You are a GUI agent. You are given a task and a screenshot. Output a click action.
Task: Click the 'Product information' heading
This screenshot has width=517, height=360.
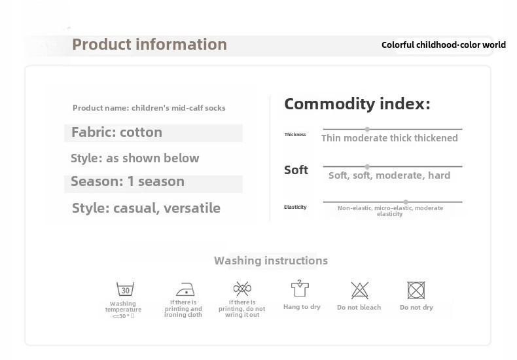[149, 45]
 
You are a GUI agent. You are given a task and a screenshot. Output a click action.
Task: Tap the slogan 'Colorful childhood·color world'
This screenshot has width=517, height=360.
[444, 45]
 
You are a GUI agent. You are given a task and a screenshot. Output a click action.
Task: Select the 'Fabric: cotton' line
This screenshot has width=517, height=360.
[116, 132]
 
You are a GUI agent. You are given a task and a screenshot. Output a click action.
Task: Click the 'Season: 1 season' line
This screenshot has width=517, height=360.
[128, 181]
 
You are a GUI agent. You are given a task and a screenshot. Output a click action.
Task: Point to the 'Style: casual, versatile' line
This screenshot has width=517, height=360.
[146, 208]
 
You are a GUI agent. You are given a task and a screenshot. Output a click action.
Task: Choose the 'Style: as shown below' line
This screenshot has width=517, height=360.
[135, 158]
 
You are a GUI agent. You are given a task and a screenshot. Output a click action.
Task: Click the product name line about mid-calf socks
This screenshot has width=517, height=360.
[149, 108]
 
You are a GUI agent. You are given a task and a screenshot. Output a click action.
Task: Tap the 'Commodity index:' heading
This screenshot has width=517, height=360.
[357, 104]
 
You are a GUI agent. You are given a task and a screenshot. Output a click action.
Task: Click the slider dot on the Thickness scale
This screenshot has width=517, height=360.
[367, 129]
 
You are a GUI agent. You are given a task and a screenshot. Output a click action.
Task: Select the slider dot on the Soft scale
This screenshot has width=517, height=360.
[367, 166]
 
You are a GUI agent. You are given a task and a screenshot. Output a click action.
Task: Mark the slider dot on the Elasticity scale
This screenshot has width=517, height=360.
[406, 202]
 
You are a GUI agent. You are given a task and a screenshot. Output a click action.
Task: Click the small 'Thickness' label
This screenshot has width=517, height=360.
[295, 134]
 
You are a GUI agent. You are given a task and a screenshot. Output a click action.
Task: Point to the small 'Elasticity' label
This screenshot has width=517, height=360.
[295, 207]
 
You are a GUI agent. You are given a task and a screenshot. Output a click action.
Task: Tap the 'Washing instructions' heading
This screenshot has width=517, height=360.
[271, 261]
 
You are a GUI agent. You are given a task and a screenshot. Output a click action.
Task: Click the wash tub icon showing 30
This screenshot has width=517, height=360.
[125, 289]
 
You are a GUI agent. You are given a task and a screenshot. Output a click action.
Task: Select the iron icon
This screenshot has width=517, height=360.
[185, 289]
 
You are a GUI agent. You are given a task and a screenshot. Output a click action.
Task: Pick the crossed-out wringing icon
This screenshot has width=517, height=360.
[242, 289]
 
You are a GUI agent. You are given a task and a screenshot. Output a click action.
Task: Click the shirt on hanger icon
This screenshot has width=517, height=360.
[300, 289]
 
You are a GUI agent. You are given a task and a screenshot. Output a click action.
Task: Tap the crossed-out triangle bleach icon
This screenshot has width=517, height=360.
[359, 290]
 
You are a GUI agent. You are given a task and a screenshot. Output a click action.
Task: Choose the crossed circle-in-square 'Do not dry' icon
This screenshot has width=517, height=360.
[416, 290]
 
